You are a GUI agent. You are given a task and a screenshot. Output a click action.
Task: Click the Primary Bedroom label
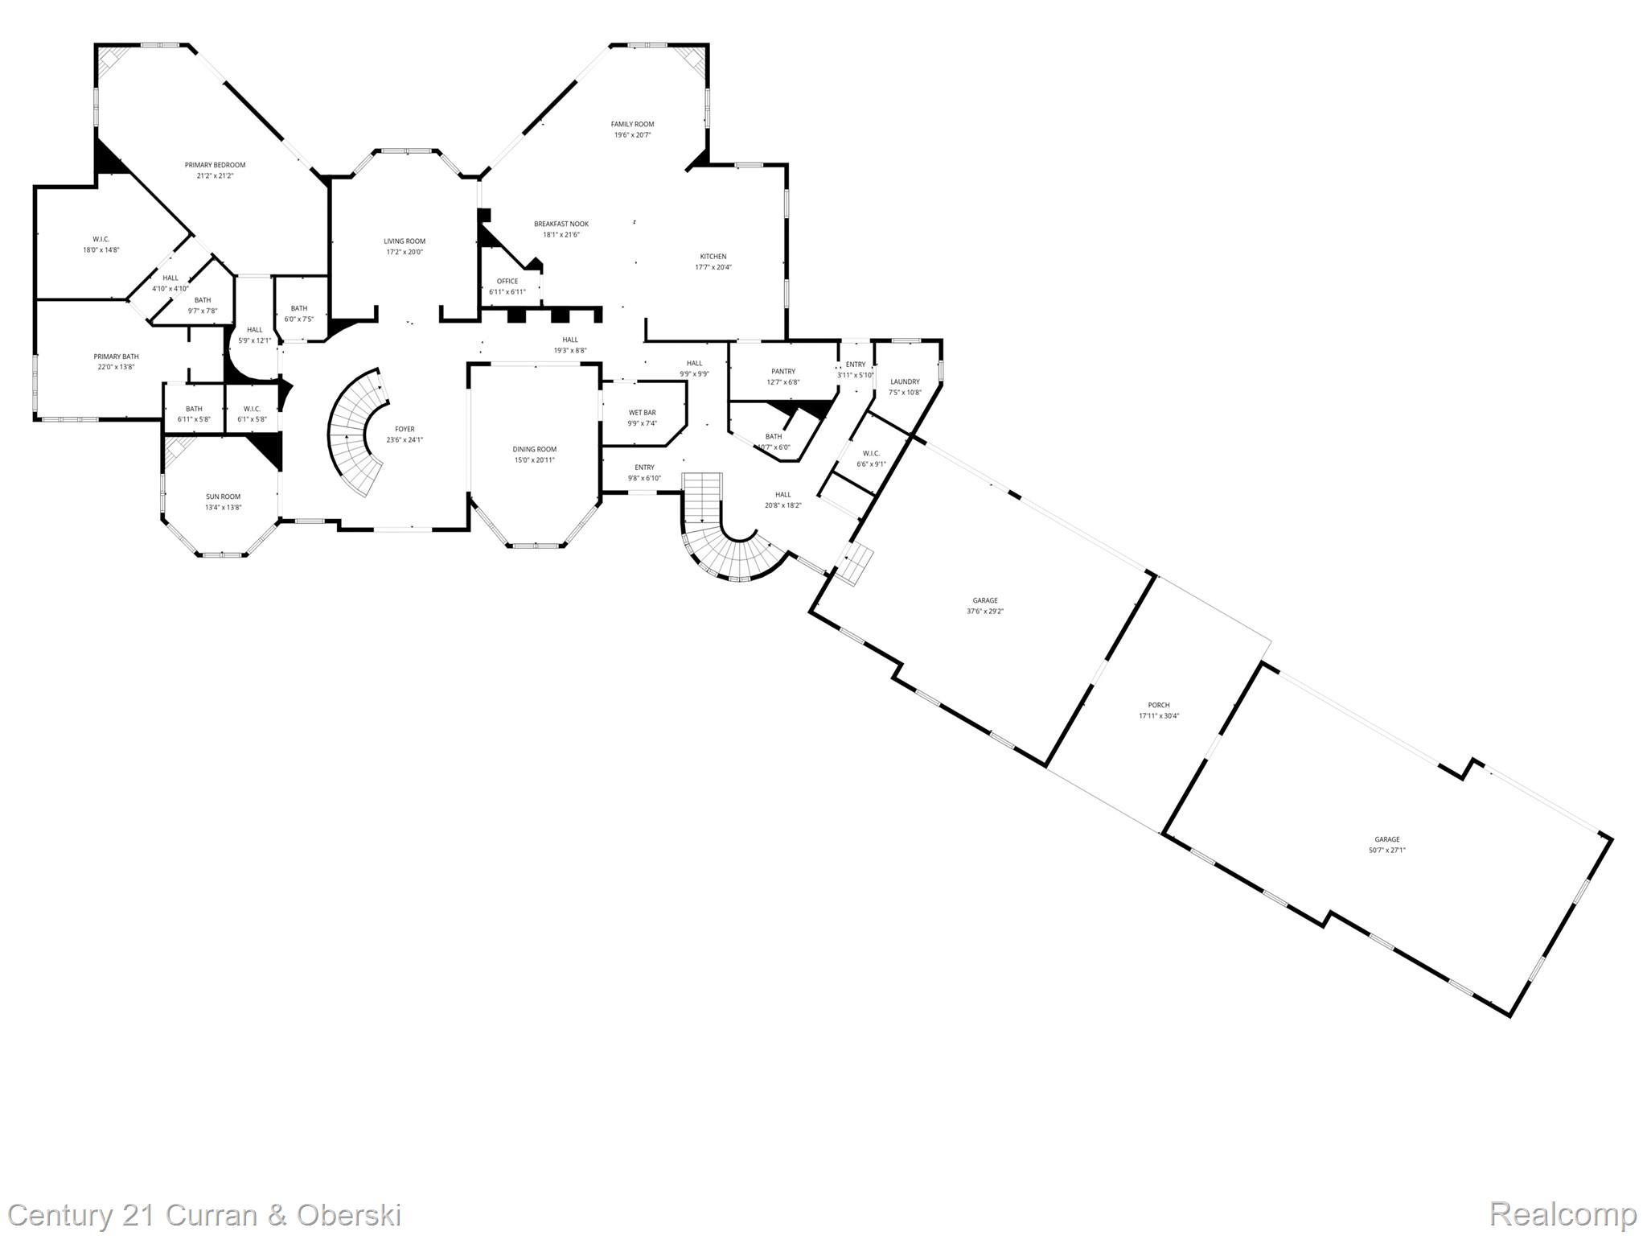click(x=215, y=165)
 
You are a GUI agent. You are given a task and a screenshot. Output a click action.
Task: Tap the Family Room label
click(x=632, y=124)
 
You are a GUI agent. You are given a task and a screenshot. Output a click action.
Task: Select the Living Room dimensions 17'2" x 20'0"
click(x=404, y=252)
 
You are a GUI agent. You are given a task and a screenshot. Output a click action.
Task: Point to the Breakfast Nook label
click(x=561, y=224)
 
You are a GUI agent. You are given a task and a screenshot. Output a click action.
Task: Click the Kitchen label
click(x=713, y=257)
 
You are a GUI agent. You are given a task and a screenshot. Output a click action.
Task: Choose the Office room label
click(x=507, y=281)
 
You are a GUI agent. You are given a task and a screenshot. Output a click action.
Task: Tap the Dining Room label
click(x=535, y=449)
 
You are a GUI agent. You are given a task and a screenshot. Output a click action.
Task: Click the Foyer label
click(x=405, y=429)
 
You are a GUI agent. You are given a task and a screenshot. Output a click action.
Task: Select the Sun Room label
click(x=223, y=496)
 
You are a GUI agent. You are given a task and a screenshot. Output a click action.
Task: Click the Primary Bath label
click(x=116, y=356)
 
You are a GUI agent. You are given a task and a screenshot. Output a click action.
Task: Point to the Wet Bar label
click(x=642, y=413)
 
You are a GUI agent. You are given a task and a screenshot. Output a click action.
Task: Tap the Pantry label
click(x=782, y=372)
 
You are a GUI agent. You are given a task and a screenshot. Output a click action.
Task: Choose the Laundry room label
click(x=905, y=381)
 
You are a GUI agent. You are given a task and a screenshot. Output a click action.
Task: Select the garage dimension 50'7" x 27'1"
click(x=1387, y=850)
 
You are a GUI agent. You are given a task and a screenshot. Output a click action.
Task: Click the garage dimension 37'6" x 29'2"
click(x=985, y=611)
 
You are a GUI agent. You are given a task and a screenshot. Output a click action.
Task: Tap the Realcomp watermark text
click(x=1563, y=1213)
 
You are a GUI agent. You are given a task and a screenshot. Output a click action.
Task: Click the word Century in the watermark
click(x=60, y=1215)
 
